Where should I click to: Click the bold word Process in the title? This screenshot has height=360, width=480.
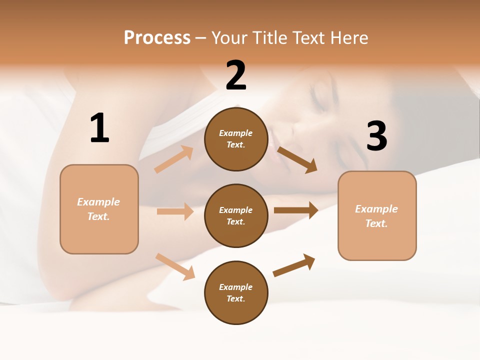(157, 38)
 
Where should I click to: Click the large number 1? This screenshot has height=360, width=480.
(99, 128)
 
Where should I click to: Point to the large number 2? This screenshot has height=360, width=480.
(236, 76)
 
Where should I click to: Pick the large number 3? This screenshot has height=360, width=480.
(376, 136)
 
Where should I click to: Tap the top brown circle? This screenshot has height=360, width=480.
(236, 139)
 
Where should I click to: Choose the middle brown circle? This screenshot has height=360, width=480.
(236, 215)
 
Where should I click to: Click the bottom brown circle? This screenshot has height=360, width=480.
(236, 292)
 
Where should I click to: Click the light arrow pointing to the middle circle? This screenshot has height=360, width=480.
(175, 211)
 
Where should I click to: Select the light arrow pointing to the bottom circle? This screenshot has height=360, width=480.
(175, 266)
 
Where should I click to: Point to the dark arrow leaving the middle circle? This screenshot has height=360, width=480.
(296, 210)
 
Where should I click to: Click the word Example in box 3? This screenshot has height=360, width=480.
(376, 209)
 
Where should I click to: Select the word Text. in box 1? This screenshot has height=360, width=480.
(98, 216)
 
